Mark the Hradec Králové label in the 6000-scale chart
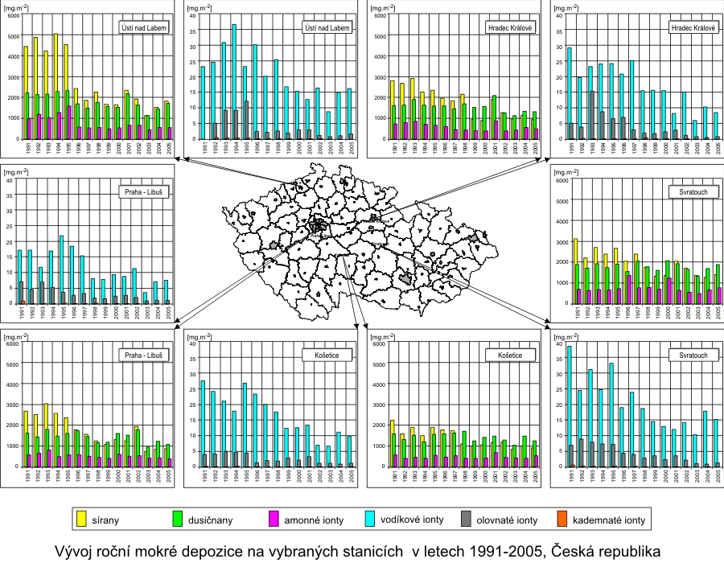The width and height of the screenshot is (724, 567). [x=512, y=27]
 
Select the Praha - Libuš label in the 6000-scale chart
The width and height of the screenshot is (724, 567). [x=145, y=355]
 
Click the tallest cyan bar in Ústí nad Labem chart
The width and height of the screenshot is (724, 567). [x=234, y=81]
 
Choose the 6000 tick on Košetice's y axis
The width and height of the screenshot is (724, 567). [x=377, y=343]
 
